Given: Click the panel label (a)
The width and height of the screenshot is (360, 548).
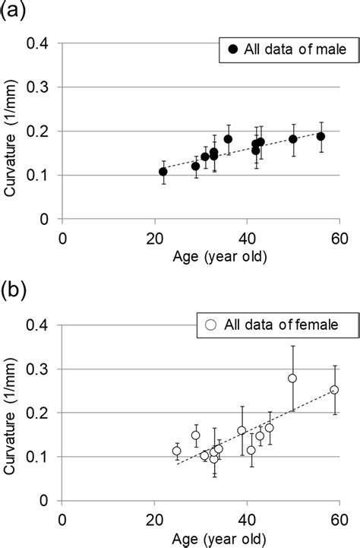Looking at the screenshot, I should (13, 10).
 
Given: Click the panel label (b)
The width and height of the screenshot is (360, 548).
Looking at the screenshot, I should (13, 290).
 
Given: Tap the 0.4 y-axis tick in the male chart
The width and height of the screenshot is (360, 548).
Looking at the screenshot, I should (45, 44).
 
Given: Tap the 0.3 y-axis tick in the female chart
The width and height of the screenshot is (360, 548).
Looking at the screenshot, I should (45, 369).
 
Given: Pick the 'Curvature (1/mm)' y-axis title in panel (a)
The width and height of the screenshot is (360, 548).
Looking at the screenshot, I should (11, 131).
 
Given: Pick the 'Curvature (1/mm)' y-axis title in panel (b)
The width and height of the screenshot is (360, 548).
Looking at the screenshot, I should (11, 412).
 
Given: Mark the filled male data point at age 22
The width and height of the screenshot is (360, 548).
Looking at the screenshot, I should (163, 172).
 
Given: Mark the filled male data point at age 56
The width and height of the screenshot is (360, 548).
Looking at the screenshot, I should (321, 137).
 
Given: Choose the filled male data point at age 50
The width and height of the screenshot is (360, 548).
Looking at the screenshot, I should (293, 139).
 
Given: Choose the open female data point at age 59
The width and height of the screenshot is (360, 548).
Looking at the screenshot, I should (334, 390).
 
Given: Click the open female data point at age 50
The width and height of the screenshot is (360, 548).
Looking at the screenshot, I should (292, 379).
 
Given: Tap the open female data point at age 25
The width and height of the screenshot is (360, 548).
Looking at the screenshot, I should (177, 451).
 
